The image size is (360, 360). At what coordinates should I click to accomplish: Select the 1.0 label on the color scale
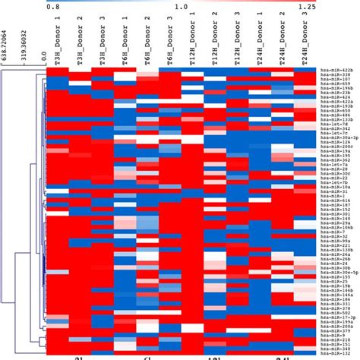[x=182, y=5]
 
